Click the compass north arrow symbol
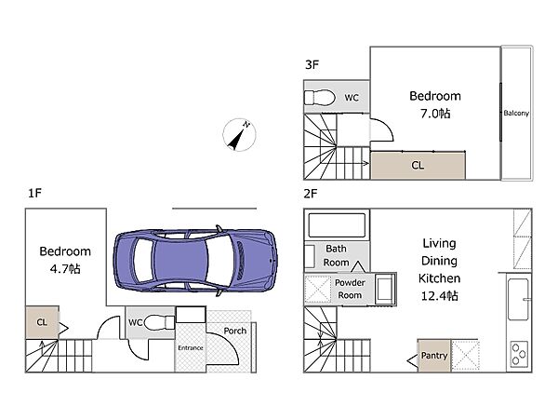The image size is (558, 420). (239, 135)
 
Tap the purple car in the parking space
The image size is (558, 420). (195, 261)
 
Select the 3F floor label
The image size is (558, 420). (312, 65)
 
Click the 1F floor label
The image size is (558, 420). (35, 193)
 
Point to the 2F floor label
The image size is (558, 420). (311, 194)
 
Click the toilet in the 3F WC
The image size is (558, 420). (320, 98)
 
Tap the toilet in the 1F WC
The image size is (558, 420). (159, 322)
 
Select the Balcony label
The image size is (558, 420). (516, 114)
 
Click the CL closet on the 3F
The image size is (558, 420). (418, 165)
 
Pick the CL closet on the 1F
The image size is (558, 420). (42, 322)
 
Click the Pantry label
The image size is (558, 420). (433, 355)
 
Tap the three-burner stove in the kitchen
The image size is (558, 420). (519, 354)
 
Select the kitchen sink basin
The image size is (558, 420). (518, 300)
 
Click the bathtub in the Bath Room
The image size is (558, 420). (337, 225)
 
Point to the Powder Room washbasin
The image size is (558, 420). (385, 289)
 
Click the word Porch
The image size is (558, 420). (235, 331)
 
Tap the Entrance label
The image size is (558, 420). (191, 347)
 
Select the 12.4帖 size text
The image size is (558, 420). (440, 295)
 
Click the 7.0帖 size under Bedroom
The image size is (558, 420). (435, 114)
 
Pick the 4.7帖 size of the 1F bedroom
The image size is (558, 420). (65, 268)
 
